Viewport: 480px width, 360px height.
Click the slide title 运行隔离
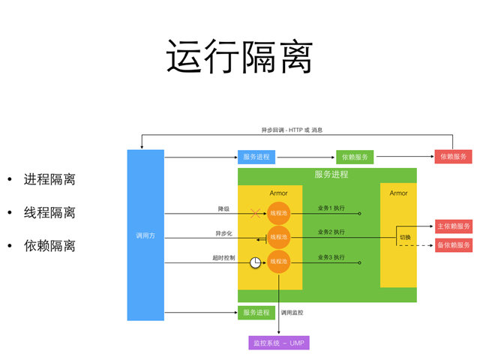tap(239, 57)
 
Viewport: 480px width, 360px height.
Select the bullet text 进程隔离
tap(49, 179)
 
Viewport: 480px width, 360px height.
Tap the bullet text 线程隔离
tap(49, 212)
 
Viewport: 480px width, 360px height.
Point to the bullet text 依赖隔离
tap(49, 245)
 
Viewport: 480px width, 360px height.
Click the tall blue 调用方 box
tap(145, 235)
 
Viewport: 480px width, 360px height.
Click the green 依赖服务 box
tap(355, 157)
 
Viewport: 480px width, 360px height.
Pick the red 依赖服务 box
tap(453, 157)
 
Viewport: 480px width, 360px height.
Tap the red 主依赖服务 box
tap(454, 226)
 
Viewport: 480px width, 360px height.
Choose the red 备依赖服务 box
tap(454, 245)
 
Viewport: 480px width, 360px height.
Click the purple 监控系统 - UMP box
tap(278, 343)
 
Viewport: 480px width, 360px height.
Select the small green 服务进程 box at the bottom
tap(256, 312)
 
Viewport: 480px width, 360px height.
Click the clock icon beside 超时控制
tap(256, 262)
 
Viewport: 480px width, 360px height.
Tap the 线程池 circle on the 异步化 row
tap(279, 238)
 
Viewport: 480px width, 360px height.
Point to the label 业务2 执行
tap(331, 232)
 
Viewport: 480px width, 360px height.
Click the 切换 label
tap(405, 237)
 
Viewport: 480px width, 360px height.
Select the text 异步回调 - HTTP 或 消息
tap(292, 130)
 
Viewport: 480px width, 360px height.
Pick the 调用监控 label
tap(292, 312)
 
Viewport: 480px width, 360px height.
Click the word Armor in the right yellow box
tap(398, 193)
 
